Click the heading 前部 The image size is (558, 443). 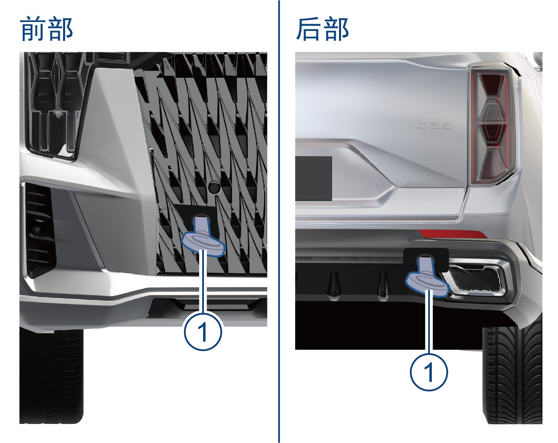pos(46,29)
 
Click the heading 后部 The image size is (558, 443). pos(322,29)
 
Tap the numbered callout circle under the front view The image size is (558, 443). pos(203,331)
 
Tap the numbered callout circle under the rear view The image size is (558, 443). pos(429,372)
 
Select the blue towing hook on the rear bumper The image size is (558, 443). pos(428,278)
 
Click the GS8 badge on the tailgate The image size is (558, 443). pos(433,126)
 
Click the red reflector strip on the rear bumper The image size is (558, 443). pos(452,234)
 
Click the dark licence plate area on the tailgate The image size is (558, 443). pos(313,178)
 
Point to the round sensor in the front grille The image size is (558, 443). pos(214,187)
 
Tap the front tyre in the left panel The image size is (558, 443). pos(51,376)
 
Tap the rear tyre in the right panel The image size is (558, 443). pos(512,373)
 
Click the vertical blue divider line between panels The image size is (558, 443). pos(279,221)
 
